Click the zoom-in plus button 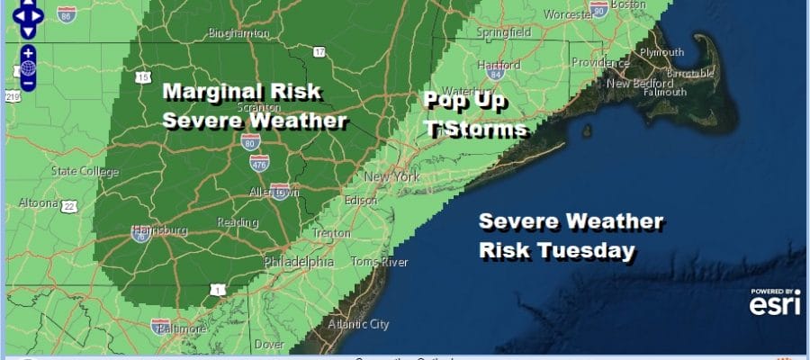point(28,52)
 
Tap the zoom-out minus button point(28,83)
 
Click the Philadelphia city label point(299,262)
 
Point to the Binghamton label point(238,33)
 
